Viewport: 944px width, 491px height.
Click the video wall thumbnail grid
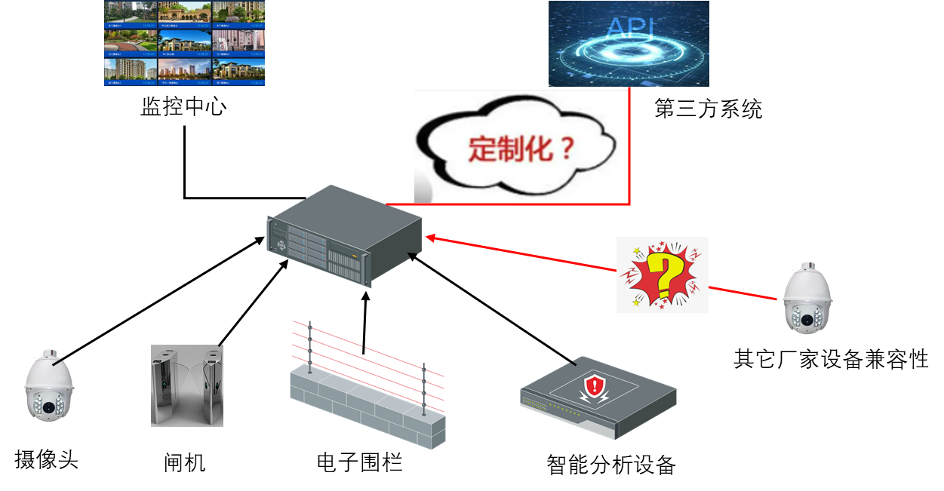pyautogui.click(x=184, y=43)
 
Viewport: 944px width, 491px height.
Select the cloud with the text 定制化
pyautogui.click(x=521, y=147)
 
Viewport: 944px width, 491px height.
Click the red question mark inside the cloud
pyautogui.click(x=564, y=149)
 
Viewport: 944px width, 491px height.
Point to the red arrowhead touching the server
pyautogui.click(x=431, y=238)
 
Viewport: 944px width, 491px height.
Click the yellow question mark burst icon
pyautogui.click(x=662, y=275)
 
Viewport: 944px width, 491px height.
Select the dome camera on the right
pyautogui.click(x=807, y=299)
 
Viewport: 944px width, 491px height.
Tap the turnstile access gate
pyautogui.click(x=187, y=385)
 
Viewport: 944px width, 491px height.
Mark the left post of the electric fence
pyautogui.click(x=309, y=347)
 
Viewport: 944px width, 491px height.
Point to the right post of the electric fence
pyautogui.click(x=424, y=388)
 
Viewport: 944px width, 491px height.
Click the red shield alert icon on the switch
pyautogui.click(x=596, y=388)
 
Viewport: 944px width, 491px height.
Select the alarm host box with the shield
pyautogui.click(x=598, y=398)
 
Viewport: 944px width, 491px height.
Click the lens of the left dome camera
pyautogui.click(x=49, y=407)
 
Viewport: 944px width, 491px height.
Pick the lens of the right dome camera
pyautogui.click(x=807, y=320)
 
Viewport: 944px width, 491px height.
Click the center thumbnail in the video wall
pyautogui.click(x=184, y=43)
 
